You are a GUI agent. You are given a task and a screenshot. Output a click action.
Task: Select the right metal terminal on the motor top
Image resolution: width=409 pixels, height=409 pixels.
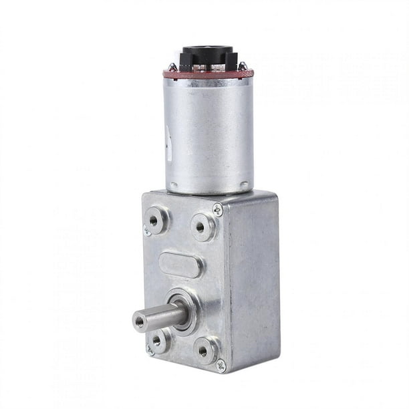(x=243, y=65)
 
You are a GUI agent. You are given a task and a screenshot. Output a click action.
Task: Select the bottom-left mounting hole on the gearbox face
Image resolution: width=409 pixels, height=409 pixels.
(x=156, y=340)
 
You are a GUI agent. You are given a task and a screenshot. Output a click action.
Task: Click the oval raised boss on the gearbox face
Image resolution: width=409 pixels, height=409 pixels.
(x=180, y=265)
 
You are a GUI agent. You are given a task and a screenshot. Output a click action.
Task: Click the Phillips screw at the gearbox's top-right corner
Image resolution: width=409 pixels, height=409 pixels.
(x=218, y=209)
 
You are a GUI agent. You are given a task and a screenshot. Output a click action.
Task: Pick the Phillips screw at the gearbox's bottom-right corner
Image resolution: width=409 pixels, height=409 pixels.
(x=221, y=366)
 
